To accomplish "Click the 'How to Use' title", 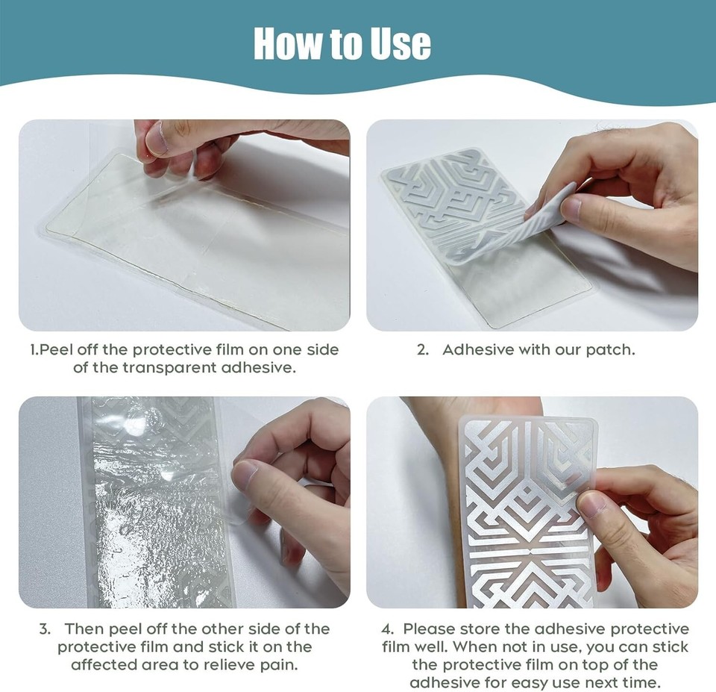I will pos(342,44).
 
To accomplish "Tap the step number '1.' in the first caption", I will pos(34,350).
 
